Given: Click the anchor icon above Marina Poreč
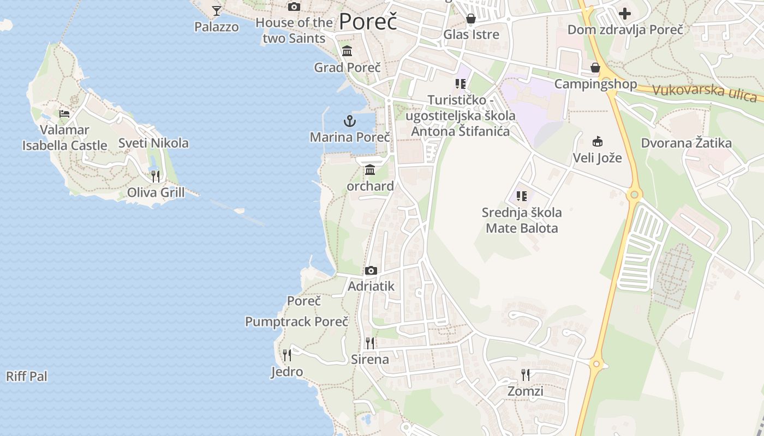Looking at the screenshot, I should coord(349,121).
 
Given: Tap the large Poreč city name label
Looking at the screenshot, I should coord(368,22).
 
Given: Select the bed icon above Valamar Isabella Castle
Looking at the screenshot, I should coord(64,114).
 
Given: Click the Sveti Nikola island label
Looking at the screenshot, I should coord(153,143).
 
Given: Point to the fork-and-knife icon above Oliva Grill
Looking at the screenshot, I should coord(156,176).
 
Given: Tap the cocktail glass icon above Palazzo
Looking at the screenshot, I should coord(217,10).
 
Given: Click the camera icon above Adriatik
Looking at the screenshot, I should coord(371,270).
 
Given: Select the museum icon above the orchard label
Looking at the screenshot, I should coord(370,169).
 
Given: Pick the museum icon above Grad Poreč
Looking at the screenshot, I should coord(347,51).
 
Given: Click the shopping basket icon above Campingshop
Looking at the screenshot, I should coord(595,68).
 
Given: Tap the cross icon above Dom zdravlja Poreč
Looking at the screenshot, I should coord(625,13).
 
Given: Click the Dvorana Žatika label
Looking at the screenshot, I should coord(686,143).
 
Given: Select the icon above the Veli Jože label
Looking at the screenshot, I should coord(597,142).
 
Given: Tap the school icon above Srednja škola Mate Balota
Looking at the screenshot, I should coord(522,196).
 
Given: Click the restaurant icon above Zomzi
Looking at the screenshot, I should coord(525,374).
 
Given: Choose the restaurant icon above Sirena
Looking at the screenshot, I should coord(370,343).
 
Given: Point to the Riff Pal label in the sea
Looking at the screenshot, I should coord(27,376).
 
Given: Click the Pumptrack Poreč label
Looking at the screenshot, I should coord(296,322).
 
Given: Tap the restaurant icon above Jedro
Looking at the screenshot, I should coord(287,355).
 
